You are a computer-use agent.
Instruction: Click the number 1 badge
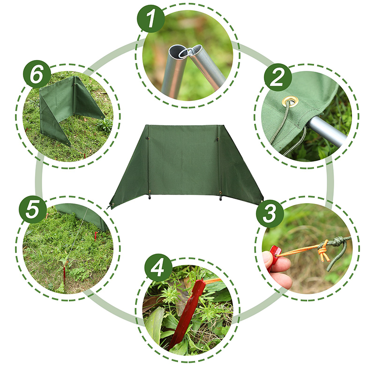coord(151,19)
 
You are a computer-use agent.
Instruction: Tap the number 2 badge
coord(278,77)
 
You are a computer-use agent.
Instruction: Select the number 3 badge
coord(270,214)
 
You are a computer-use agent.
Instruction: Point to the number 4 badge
coord(158,268)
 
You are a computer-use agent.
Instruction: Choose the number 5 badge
coord(33,210)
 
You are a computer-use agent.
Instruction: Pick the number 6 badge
coord(37,74)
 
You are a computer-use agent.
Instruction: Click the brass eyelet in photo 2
coord(290,102)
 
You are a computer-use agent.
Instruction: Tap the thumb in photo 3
coord(267,258)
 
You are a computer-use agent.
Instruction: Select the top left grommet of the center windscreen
coord(148,138)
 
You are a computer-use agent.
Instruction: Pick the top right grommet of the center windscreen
coord(217,139)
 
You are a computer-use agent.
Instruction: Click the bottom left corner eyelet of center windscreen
coord(113,204)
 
